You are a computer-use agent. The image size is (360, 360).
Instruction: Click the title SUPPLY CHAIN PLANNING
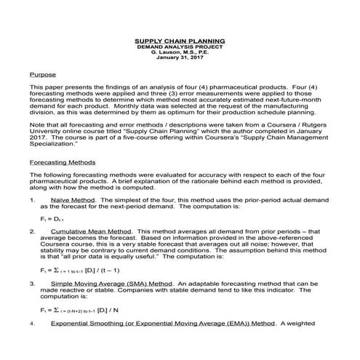pos(180,40)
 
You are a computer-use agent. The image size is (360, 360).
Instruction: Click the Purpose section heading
pos(41,75)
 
